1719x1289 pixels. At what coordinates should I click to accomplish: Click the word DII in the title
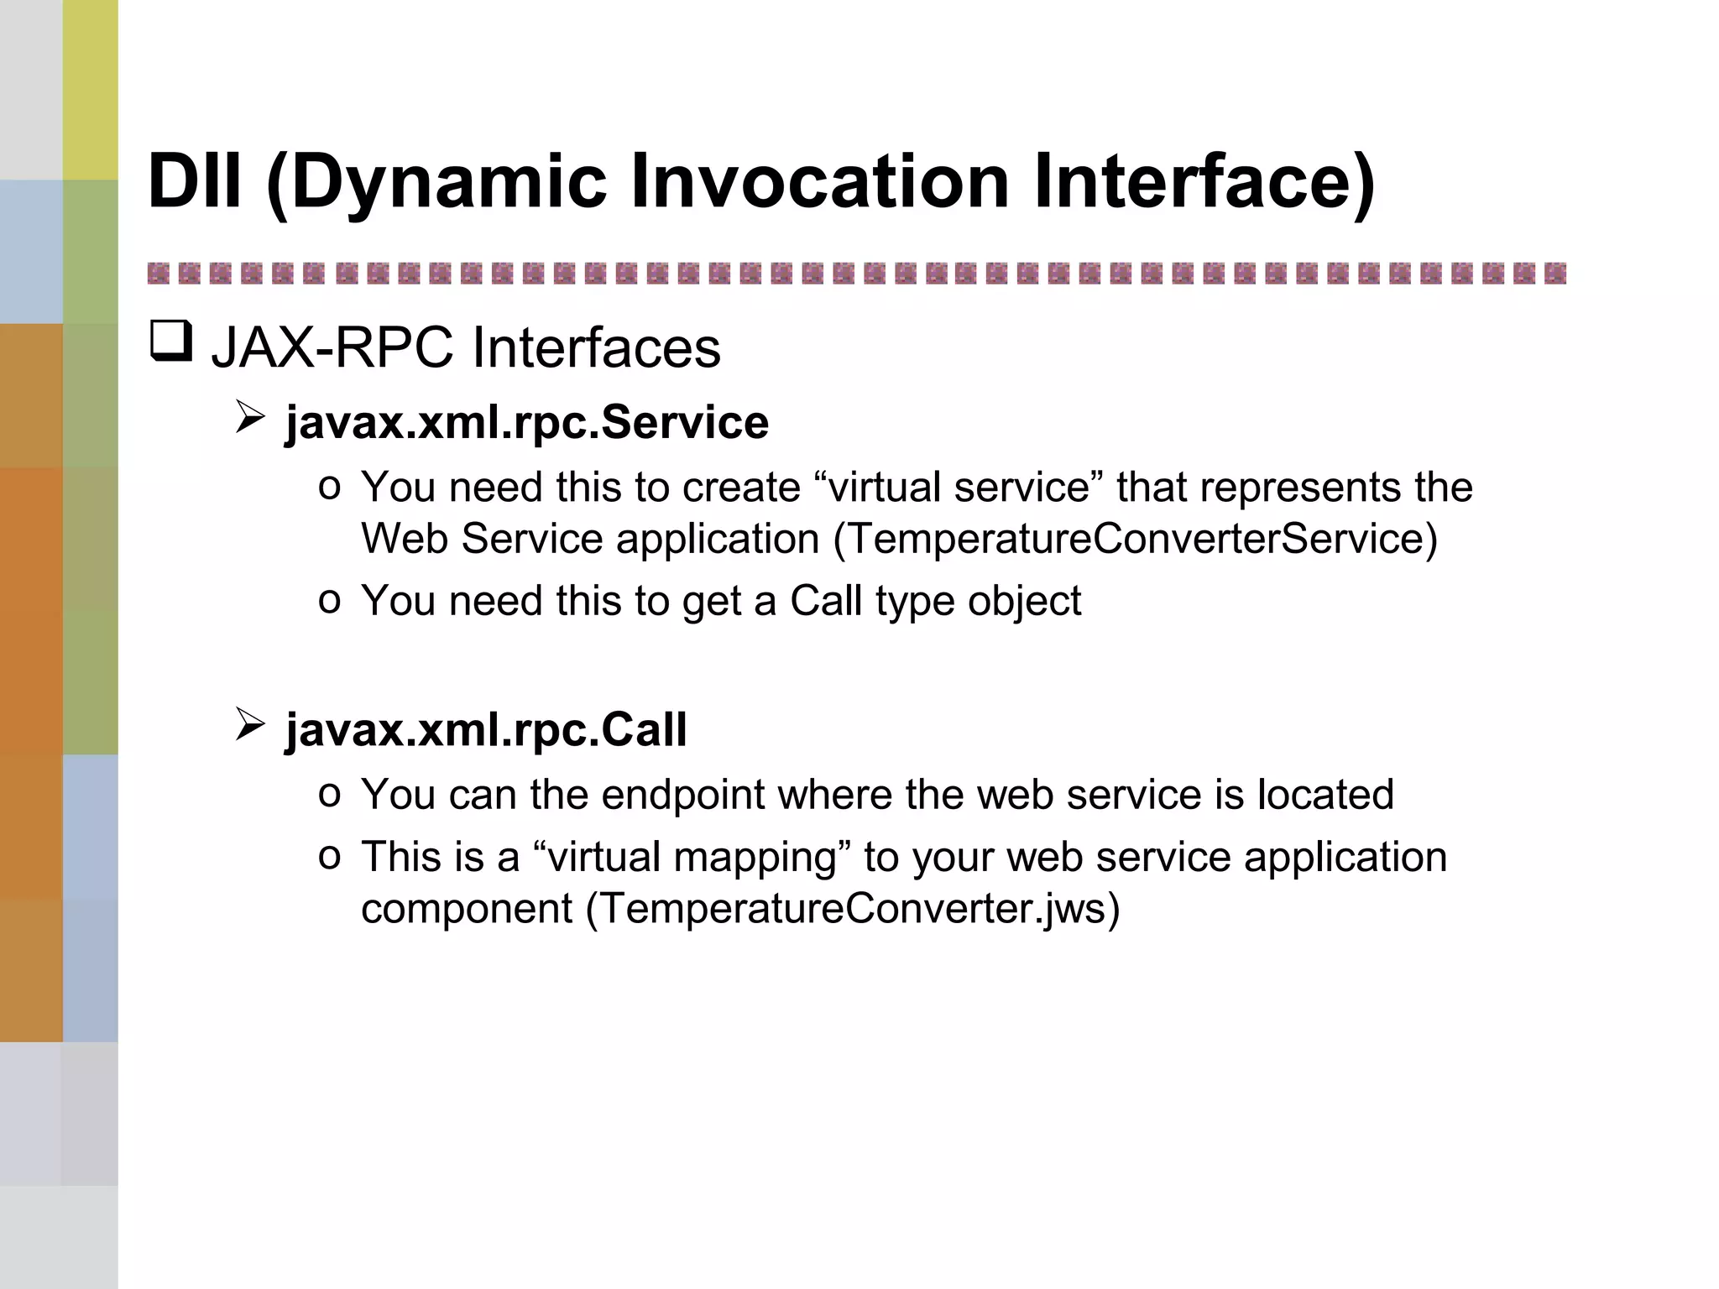(195, 180)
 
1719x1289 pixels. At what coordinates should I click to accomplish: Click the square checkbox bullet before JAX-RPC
(171, 342)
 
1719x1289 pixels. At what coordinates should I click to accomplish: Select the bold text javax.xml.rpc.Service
(526, 421)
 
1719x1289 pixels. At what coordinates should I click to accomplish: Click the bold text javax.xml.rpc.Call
(485, 728)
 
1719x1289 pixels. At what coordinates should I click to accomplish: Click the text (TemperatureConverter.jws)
(852, 909)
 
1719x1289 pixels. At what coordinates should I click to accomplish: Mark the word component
(467, 909)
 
